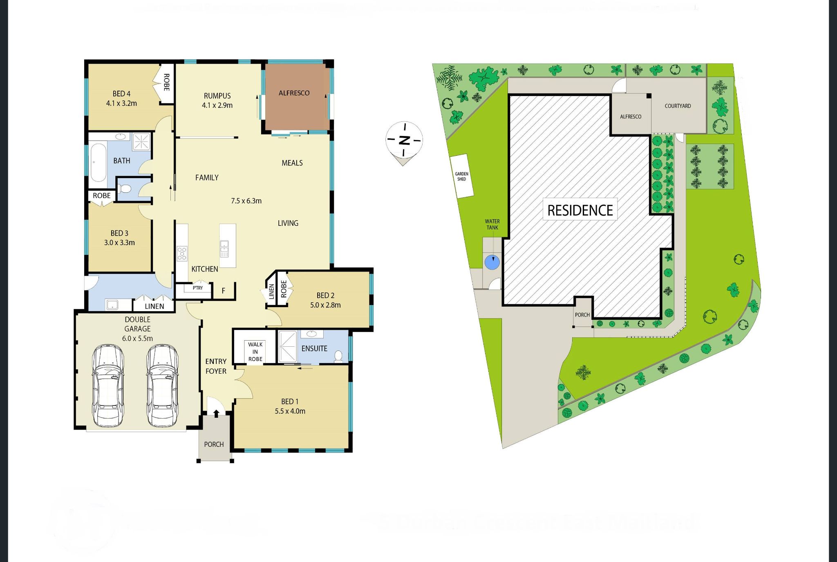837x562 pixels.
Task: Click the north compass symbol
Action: pos(404,140)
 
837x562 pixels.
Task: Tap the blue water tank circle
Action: pos(492,262)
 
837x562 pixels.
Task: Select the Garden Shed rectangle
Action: pos(461,176)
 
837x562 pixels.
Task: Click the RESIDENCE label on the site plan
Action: pos(580,210)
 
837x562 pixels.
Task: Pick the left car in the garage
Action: pos(107,386)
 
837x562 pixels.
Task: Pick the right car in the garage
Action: pos(162,386)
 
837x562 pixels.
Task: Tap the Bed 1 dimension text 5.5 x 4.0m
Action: pos(290,411)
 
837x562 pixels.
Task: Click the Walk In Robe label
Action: pos(255,352)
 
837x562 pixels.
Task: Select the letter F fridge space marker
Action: pos(224,291)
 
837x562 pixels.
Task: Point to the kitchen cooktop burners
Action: pos(182,253)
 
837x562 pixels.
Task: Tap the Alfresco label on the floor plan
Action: pos(294,93)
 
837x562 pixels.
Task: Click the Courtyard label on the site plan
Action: pos(678,106)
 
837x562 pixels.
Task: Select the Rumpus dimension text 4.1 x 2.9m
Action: pos(217,105)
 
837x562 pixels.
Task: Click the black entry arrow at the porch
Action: pos(216,413)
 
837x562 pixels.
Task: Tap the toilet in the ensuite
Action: pos(338,356)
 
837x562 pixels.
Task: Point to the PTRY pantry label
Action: pos(198,288)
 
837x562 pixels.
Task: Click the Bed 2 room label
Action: pos(325,295)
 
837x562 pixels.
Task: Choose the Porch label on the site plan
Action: pos(582,315)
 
